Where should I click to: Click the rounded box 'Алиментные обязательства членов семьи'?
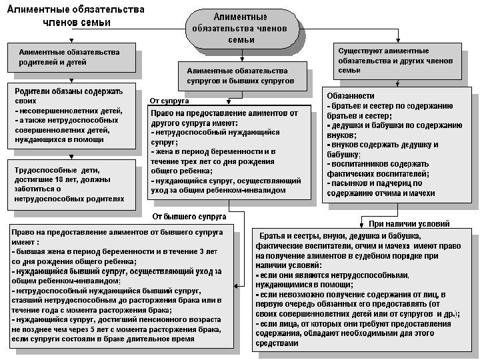240,28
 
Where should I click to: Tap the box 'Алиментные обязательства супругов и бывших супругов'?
241,75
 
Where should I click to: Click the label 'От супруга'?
169,101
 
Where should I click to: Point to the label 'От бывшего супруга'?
189,217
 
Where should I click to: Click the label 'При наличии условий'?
409,224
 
